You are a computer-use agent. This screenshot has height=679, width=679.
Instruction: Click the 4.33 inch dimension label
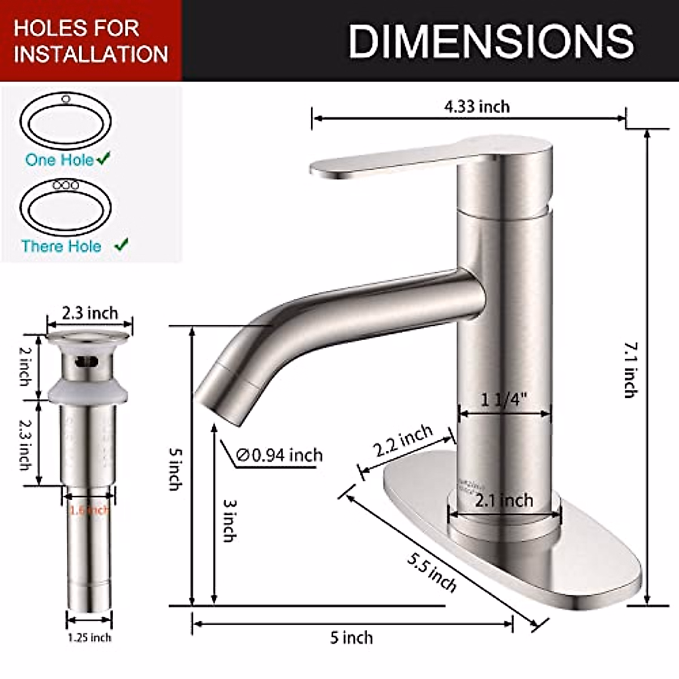click(476, 106)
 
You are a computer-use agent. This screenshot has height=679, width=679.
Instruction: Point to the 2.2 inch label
click(403, 442)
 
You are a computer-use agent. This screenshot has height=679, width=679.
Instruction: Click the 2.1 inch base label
click(504, 500)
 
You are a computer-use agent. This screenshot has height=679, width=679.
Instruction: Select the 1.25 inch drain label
click(89, 638)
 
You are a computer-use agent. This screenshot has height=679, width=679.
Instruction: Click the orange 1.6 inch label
click(89, 510)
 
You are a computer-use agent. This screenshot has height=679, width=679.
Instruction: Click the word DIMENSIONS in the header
click(491, 41)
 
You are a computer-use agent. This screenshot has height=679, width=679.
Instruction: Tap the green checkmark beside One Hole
click(104, 159)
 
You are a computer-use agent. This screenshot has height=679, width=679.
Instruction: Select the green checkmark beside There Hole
click(121, 246)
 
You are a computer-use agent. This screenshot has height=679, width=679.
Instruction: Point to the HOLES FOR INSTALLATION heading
click(91, 41)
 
